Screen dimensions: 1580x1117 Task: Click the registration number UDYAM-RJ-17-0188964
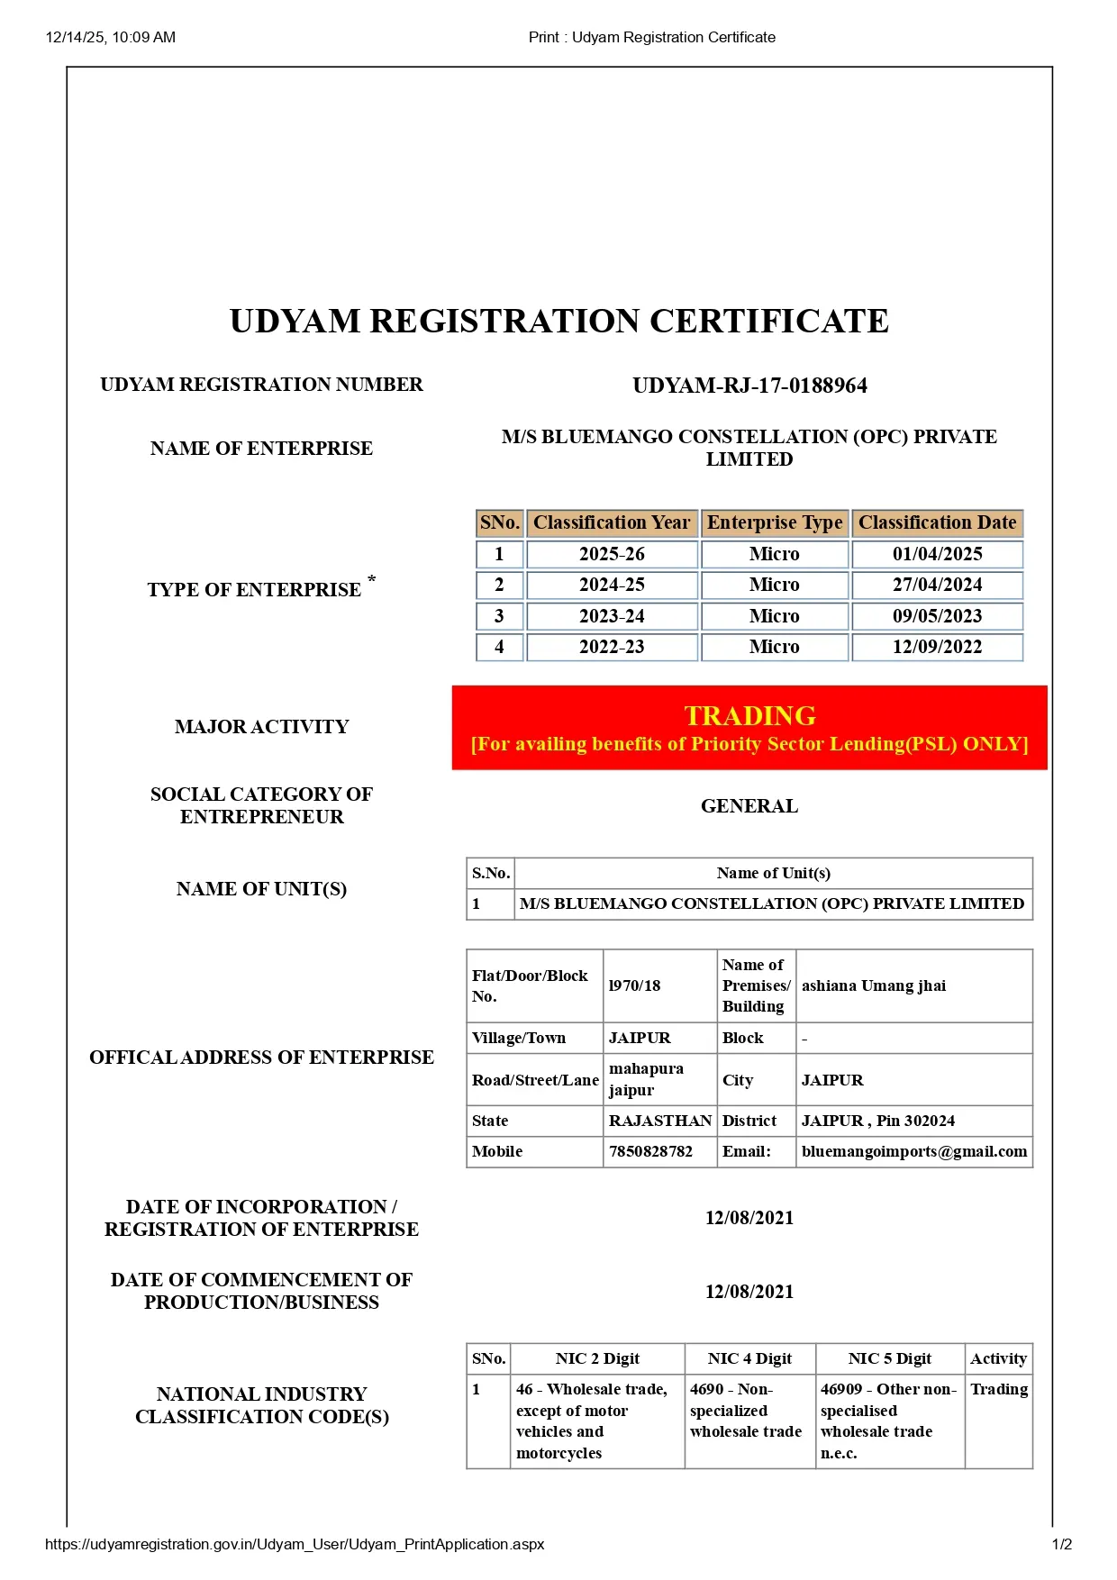coord(749,386)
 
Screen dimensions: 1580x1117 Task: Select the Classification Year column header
coord(612,522)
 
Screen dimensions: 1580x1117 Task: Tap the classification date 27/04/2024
coord(937,585)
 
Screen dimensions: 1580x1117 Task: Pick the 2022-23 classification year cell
coord(612,647)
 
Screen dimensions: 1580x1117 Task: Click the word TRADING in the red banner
coord(749,715)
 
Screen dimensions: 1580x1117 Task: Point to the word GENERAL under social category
coord(749,806)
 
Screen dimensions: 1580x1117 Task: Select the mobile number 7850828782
coord(651,1151)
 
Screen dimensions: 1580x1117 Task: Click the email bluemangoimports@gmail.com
coord(913,1151)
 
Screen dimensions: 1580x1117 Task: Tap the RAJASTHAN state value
coord(660,1121)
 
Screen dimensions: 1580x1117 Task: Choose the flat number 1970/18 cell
coord(635,985)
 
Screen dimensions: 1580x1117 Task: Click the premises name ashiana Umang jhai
coord(874,985)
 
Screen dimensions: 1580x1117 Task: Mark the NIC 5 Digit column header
coord(889,1358)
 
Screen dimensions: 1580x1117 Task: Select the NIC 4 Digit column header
coord(749,1358)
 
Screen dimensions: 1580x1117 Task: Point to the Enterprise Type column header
coord(775,522)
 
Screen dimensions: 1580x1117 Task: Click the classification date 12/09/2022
coord(937,647)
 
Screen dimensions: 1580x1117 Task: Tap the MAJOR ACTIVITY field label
coord(261,727)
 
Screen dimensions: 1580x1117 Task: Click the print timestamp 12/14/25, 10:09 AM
coord(111,38)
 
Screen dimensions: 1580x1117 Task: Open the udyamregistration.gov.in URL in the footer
coord(295,1544)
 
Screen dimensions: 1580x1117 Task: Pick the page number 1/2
coord(1062,1544)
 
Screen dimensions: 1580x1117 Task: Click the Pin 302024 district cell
coord(877,1121)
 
